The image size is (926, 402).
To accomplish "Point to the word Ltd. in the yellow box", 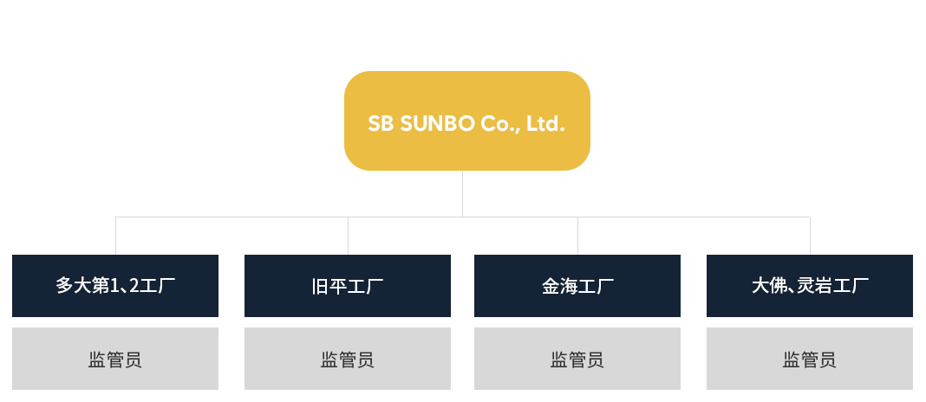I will click(x=545, y=124).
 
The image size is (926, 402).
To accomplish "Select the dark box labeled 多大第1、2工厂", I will click(x=115, y=286).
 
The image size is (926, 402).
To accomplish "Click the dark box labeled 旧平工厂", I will click(x=347, y=286).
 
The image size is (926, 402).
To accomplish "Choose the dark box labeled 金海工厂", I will click(x=577, y=286).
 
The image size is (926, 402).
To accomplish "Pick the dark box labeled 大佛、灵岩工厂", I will click(x=809, y=286).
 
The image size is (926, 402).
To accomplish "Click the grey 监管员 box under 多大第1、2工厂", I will click(x=115, y=358).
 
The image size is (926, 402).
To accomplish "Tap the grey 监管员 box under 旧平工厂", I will click(x=347, y=358).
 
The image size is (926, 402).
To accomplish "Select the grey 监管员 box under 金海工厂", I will click(x=577, y=358).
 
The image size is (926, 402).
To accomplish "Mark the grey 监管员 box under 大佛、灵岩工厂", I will click(x=809, y=358).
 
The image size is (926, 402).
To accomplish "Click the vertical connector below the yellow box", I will click(x=463, y=193).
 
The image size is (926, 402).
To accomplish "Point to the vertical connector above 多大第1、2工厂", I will click(x=116, y=236).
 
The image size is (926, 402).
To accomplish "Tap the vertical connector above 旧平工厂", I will click(x=348, y=236).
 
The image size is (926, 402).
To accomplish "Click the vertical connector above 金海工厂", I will click(x=577, y=236).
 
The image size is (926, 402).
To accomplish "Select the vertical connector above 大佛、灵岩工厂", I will click(x=810, y=236).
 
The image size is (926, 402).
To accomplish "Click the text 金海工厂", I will click(x=577, y=286).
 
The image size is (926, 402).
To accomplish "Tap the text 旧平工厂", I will click(x=347, y=286).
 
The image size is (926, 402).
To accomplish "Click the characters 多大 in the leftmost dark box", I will click(x=74, y=286).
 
